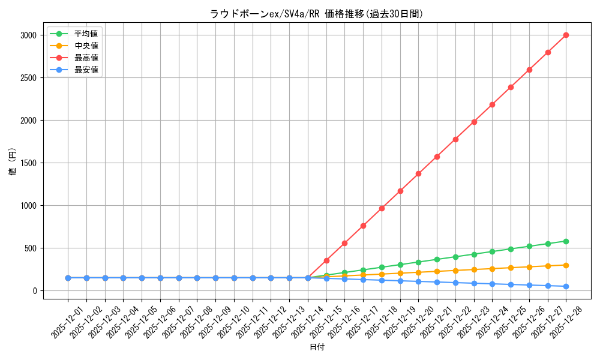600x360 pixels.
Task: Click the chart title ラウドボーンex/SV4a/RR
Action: point(316,14)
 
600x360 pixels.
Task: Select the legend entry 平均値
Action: point(86,34)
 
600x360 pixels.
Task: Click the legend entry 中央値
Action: point(86,46)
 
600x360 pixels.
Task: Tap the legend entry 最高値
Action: point(86,58)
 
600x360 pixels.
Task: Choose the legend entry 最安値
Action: point(86,70)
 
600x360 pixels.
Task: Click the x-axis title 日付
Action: point(317,347)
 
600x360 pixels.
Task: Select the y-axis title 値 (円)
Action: point(12,163)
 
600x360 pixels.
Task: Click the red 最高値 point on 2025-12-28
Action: point(566,35)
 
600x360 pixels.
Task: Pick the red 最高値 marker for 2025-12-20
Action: point(418,173)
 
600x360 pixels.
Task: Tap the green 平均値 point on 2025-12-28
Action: point(566,241)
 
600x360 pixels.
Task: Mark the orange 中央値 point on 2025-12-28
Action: point(566,265)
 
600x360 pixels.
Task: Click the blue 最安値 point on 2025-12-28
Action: point(566,286)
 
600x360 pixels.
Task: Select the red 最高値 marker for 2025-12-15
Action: point(326,260)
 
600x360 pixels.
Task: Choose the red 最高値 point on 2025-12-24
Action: point(492,104)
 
